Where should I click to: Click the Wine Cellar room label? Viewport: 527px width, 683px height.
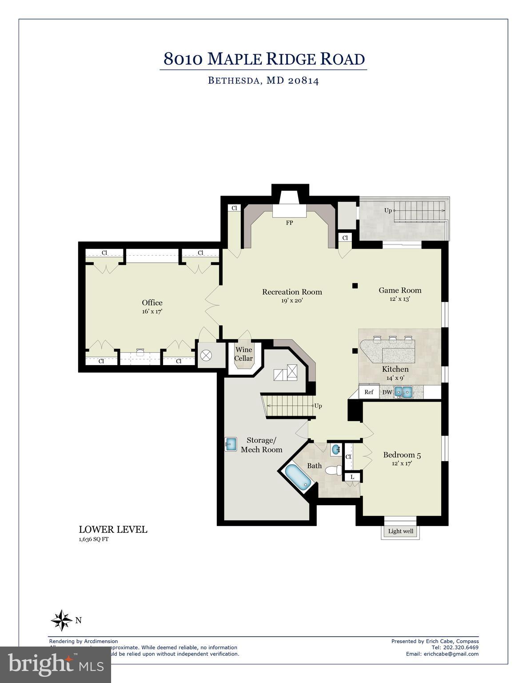coord(244,354)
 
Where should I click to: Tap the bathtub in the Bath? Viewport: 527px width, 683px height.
coord(297,478)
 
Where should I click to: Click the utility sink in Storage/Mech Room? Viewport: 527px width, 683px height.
coord(231,444)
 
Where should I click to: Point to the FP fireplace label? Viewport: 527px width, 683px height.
coord(289,223)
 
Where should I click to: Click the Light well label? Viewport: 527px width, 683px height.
coord(400,531)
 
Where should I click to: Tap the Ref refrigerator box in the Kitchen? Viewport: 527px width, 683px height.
coord(368,392)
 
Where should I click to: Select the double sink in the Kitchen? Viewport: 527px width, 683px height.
coord(404,392)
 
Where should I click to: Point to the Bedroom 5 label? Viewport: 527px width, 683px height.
coord(402,455)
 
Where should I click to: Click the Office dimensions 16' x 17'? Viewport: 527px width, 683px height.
coord(152,311)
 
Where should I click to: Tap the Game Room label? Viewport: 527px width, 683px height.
coord(400,290)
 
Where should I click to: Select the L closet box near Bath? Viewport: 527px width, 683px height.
coord(352,477)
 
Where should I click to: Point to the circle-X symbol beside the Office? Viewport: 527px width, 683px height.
coord(206,355)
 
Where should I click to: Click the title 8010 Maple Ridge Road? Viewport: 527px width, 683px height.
coord(264,59)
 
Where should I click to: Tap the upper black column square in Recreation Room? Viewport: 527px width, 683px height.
coord(355,285)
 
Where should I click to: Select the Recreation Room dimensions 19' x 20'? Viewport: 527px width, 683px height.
coord(291,301)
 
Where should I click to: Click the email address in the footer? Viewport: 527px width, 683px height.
coord(442,654)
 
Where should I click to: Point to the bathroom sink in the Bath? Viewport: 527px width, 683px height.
coord(336,450)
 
